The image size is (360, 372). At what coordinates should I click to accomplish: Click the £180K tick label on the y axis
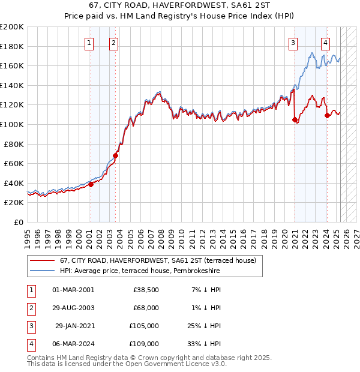pyautogui.click(x=12, y=46)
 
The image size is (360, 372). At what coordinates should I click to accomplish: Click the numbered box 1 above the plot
pyautogui.click(x=89, y=43)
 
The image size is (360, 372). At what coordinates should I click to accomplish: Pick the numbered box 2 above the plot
pyautogui.click(x=113, y=43)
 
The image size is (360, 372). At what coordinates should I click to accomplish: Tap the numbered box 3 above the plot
pyautogui.click(x=293, y=43)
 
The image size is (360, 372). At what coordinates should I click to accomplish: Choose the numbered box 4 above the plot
pyautogui.click(x=325, y=43)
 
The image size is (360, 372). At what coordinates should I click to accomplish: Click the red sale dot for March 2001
pyautogui.click(x=91, y=184)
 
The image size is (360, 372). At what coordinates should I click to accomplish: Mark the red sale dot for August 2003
pyautogui.click(x=116, y=155)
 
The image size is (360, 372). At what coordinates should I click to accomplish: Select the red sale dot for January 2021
pyautogui.click(x=295, y=119)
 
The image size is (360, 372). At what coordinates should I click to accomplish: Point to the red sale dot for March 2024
pyautogui.click(x=327, y=116)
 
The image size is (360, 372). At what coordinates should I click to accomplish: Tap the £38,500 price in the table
pyautogui.click(x=146, y=290)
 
